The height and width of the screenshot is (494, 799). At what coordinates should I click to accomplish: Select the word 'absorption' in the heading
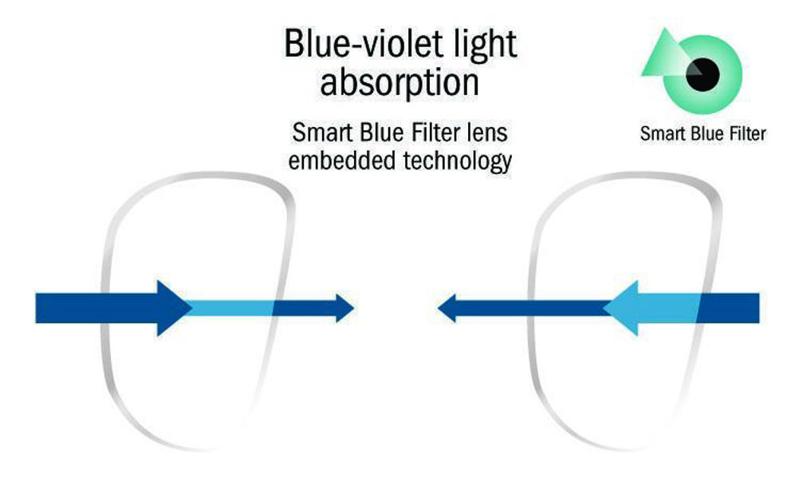(x=399, y=82)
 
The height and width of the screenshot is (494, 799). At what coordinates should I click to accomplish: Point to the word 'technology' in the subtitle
(x=457, y=162)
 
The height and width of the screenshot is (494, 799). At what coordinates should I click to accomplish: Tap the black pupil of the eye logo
(x=703, y=74)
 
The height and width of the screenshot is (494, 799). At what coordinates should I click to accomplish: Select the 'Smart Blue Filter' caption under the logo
(x=703, y=133)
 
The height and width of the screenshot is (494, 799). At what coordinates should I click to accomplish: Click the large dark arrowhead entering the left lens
(x=173, y=308)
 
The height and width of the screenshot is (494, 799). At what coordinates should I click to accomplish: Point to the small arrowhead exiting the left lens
(x=344, y=308)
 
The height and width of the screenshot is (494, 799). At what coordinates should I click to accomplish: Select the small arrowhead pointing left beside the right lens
(x=447, y=308)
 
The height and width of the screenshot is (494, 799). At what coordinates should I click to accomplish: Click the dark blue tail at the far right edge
(x=729, y=308)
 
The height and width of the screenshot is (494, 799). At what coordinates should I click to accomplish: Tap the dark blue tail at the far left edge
(x=96, y=308)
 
